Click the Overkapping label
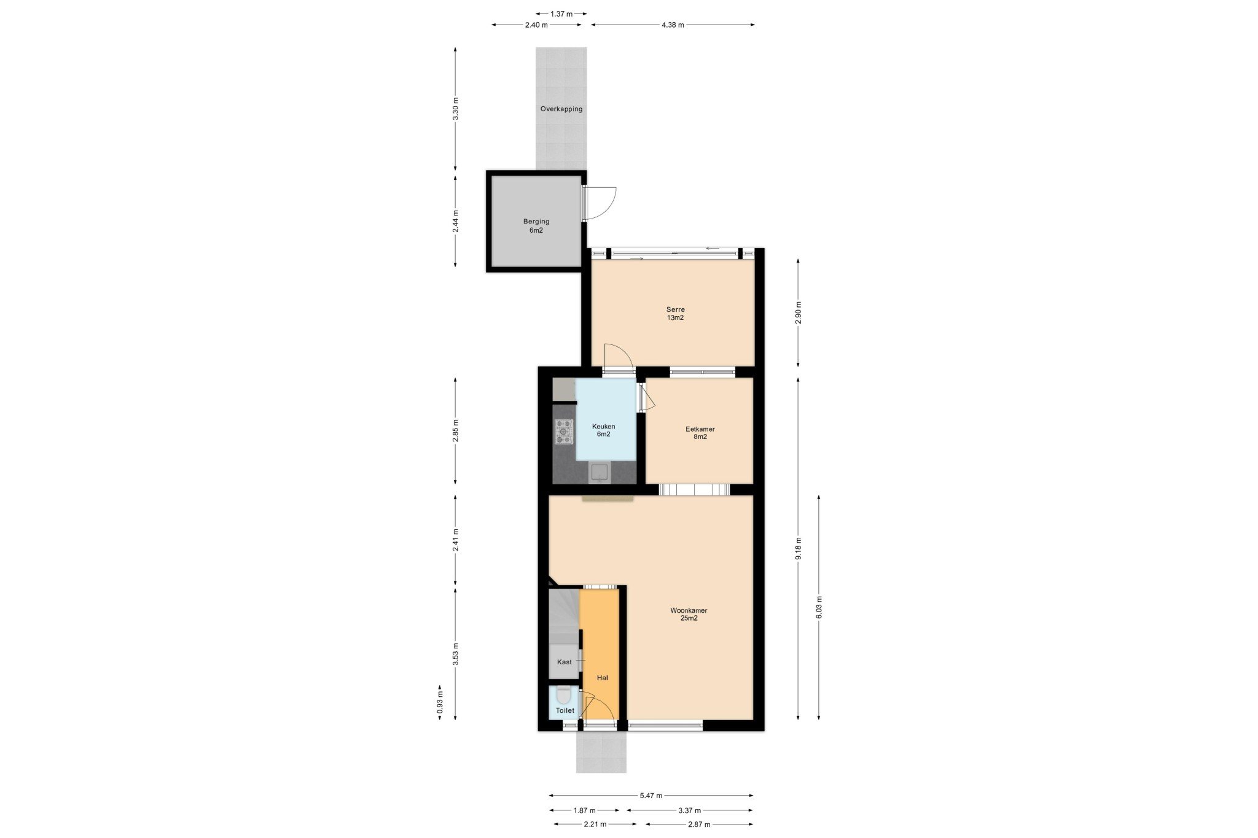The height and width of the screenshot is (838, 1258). coord(561,109)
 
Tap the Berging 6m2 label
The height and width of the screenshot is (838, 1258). coord(536,226)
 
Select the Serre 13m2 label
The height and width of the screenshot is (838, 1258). coord(675,314)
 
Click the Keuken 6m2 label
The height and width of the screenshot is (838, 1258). coord(603,430)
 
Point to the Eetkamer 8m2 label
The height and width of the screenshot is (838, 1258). coord(700,433)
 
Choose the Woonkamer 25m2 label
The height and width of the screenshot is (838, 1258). coord(689,615)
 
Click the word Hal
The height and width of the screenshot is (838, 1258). coord(603,678)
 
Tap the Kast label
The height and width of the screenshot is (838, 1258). coord(564,662)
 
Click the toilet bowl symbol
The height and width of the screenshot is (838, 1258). coord(564,695)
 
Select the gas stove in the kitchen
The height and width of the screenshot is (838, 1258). coord(564,431)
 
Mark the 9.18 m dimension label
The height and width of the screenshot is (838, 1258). coord(798,548)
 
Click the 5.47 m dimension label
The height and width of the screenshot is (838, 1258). coord(651,796)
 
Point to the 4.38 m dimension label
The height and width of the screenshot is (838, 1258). coord(673,25)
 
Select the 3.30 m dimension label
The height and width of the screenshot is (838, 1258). coord(455,109)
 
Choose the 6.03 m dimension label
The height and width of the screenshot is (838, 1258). coord(819,607)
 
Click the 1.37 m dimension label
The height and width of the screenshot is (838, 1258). coord(561,13)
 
